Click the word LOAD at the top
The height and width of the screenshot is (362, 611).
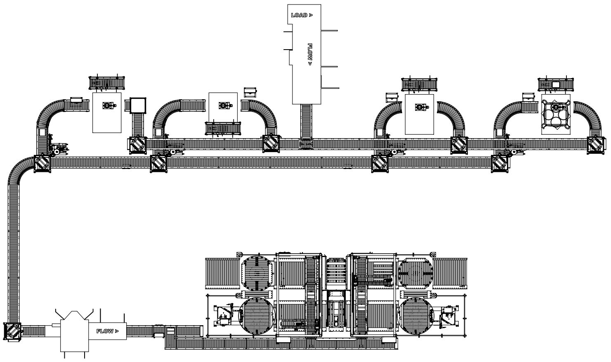[299, 15]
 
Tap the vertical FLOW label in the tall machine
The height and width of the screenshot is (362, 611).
[310, 55]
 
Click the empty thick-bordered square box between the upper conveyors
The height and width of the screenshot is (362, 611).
[138, 105]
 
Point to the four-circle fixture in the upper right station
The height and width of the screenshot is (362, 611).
[556, 114]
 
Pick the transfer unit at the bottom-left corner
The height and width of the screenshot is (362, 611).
[12, 331]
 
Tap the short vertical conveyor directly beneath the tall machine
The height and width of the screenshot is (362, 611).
[306, 121]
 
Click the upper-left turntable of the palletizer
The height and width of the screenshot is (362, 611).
[257, 273]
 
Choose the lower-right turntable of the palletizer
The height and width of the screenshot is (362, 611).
[415, 315]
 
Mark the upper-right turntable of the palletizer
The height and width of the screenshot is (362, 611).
[415, 273]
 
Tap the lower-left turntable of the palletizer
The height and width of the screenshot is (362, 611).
[257, 315]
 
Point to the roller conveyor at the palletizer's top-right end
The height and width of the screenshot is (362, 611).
[450, 273]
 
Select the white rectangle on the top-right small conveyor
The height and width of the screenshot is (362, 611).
[556, 84]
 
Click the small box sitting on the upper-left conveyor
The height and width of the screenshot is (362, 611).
[76, 100]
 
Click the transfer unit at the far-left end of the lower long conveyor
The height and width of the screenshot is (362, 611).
[42, 164]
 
